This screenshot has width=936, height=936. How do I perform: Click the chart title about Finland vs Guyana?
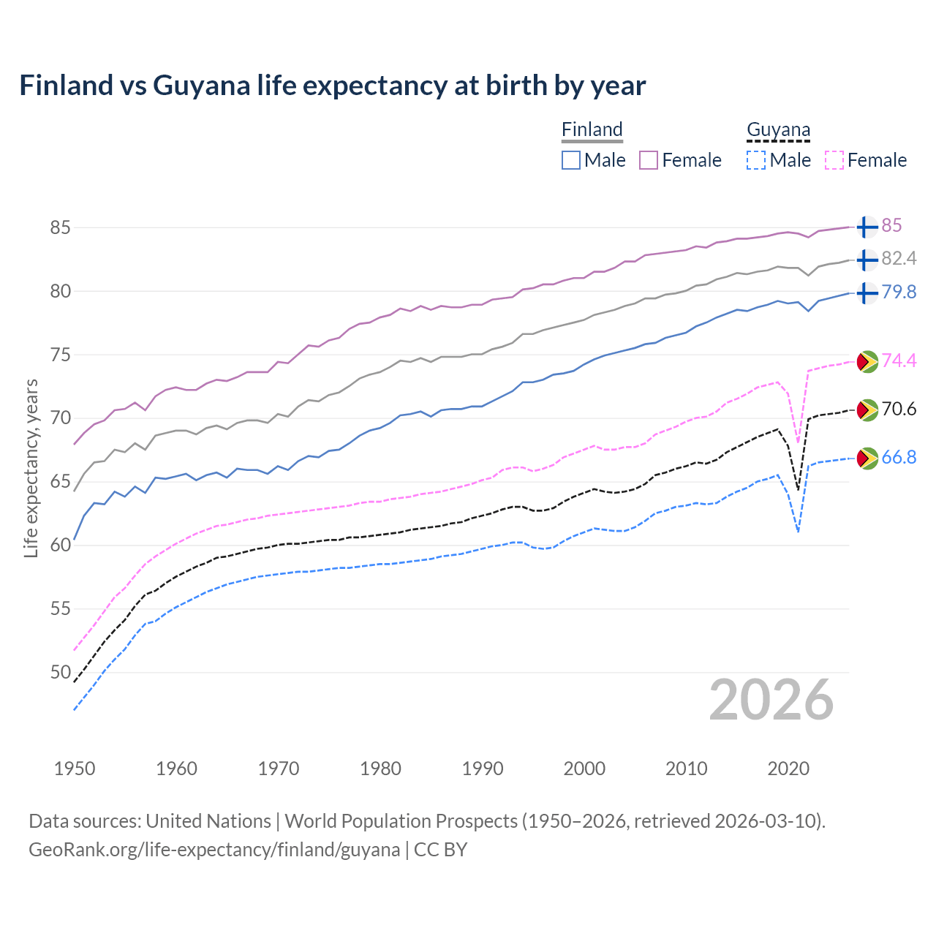(x=333, y=86)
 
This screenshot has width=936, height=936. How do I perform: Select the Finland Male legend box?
(x=571, y=160)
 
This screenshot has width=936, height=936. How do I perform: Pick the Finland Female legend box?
(x=649, y=160)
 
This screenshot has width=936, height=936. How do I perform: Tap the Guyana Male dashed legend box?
(x=756, y=160)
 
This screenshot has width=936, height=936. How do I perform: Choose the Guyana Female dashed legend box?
(x=834, y=160)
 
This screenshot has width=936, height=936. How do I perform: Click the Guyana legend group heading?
(x=778, y=130)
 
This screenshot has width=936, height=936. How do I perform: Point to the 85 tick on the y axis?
(x=60, y=228)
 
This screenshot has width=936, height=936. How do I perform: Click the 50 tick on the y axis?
(x=60, y=672)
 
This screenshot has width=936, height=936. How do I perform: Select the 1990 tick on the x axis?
(x=483, y=769)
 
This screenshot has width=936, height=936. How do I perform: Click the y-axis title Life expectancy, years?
(x=31, y=468)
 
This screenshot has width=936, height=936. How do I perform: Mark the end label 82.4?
(x=899, y=259)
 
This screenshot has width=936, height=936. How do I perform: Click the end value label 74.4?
(x=899, y=361)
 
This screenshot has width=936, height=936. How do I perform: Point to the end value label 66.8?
(x=899, y=458)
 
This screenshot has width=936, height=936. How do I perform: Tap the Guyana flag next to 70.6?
(x=867, y=409)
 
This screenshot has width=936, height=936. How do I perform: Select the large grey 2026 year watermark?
(x=771, y=700)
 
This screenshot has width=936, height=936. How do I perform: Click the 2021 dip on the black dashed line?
(x=798, y=488)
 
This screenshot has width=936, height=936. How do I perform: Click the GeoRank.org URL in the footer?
(x=214, y=850)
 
